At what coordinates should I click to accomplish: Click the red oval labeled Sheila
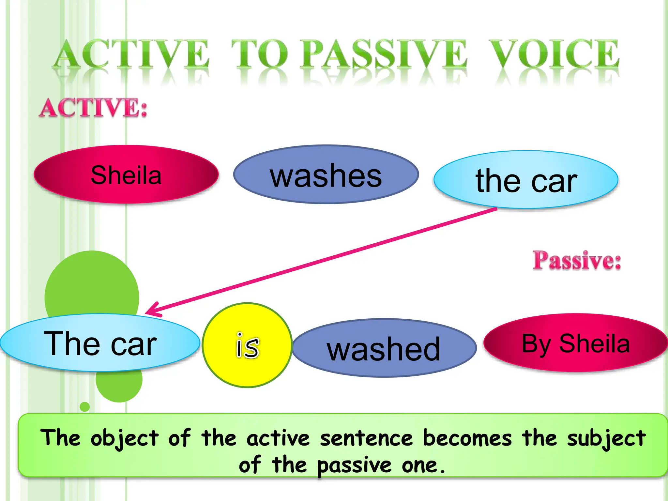(x=126, y=175)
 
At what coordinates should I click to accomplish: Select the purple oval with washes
(x=326, y=175)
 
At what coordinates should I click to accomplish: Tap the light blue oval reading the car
(x=526, y=180)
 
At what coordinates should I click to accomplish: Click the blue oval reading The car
(x=100, y=343)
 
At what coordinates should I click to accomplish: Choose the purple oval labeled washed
(x=384, y=348)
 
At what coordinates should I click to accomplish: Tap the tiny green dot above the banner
(x=85, y=407)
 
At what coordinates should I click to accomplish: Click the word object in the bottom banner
(x=124, y=438)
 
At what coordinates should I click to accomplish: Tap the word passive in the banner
(x=354, y=465)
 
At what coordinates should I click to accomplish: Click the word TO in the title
(x=259, y=54)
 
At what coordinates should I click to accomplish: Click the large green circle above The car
(x=92, y=284)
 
